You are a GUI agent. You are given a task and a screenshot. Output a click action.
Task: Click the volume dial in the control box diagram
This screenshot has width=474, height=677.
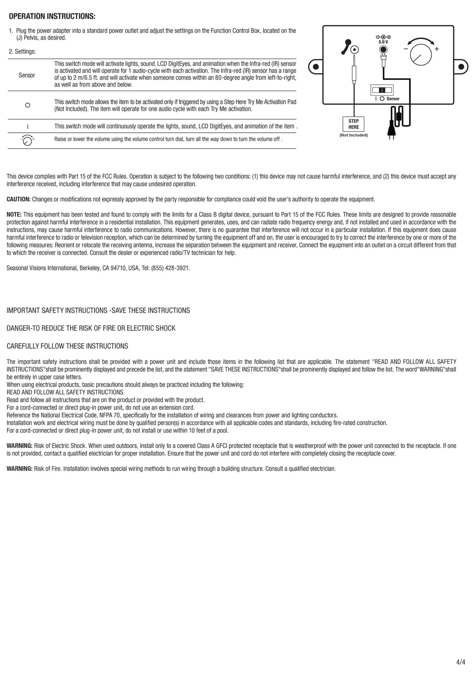(421, 55)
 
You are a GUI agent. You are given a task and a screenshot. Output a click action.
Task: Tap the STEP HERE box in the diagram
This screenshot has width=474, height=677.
(354, 124)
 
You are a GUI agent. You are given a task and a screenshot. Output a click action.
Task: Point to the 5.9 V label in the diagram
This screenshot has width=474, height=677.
(383, 42)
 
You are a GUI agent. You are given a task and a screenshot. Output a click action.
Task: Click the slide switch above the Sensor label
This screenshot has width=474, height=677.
(382, 90)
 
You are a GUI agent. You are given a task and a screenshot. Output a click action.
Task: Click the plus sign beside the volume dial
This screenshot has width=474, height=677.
(437, 49)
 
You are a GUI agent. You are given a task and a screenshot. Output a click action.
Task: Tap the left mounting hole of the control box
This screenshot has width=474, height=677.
(316, 67)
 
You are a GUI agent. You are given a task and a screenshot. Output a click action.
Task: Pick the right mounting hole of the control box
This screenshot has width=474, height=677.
(461, 67)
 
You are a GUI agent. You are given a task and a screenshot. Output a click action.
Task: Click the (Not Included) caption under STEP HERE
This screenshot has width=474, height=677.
(354, 135)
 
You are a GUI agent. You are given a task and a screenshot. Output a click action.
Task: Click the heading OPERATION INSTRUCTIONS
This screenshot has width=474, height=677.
(52, 16)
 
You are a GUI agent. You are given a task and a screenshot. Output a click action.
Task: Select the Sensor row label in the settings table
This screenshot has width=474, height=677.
(27, 75)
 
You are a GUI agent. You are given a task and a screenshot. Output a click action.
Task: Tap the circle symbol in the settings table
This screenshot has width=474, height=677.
(27, 105)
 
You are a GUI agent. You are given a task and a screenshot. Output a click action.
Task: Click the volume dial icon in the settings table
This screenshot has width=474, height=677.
(27, 140)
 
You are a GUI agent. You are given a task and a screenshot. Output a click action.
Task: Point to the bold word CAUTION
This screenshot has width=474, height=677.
(19, 199)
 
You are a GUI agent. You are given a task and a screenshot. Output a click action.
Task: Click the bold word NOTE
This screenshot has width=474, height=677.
(14, 215)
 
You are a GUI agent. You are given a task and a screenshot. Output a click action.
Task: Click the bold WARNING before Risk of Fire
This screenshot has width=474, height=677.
(20, 469)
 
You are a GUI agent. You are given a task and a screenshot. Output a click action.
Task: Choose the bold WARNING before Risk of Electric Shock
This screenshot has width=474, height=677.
(20, 446)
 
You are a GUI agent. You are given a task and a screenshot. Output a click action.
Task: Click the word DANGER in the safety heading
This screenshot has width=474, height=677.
(18, 328)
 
